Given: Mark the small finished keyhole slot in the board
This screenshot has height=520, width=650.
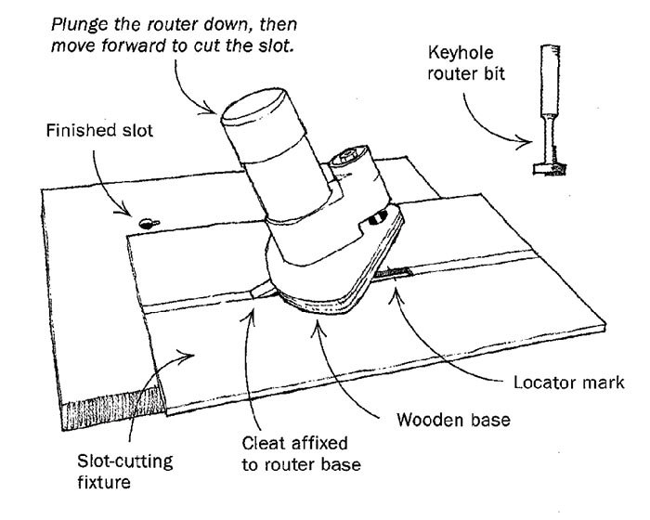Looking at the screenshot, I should (147, 222).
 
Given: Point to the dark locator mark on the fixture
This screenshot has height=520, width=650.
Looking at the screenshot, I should (401, 272).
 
